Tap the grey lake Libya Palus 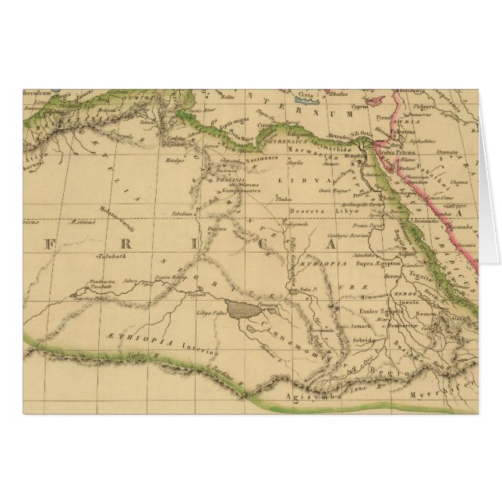tap(244, 310)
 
